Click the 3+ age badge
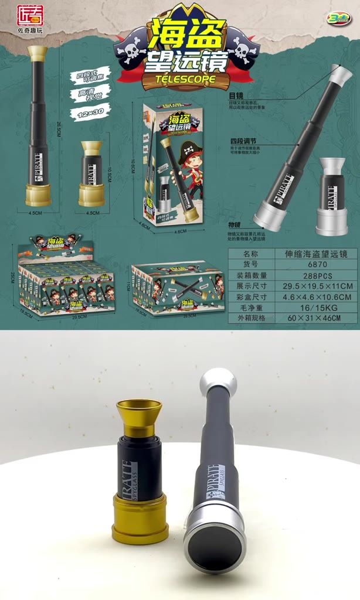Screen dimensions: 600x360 338,18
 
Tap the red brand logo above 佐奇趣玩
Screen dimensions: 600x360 30,16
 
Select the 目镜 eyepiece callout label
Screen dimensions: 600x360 235,95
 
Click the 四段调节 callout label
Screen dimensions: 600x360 243,142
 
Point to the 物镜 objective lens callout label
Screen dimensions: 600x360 235,226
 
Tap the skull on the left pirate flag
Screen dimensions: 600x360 131,51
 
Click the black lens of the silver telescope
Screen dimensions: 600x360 215,546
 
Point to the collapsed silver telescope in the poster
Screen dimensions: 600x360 332,197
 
